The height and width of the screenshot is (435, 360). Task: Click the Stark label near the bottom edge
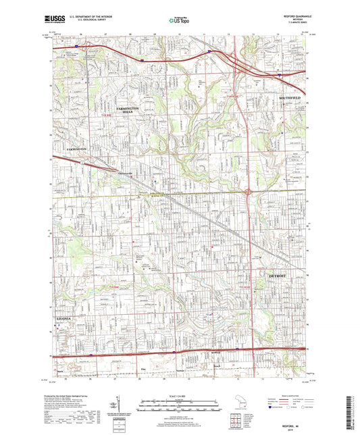pos(60,371)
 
